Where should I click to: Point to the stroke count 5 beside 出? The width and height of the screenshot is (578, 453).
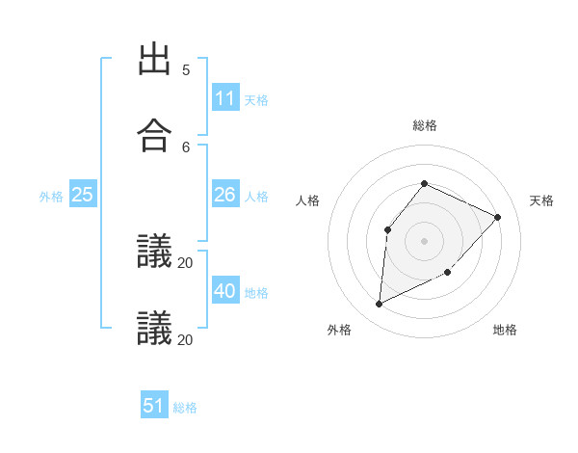pyautogui.click(x=186, y=69)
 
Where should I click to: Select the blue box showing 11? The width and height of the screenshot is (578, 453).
pyautogui.click(x=225, y=98)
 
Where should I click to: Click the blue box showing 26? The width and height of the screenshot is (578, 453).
pyautogui.click(x=225, y=195)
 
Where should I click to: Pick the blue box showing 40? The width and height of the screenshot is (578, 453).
pyautogui.click(x=225, y=291)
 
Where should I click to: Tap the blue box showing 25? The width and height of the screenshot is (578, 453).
pyautogui.click(x=83, y=195)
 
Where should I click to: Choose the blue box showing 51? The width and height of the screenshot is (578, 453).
pyautogui.click(x=154, y=406)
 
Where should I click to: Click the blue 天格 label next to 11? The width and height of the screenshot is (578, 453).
pyautogui.click(x=256, y=99)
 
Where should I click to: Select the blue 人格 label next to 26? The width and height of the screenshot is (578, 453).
pyautogui.click(x=256, y=196)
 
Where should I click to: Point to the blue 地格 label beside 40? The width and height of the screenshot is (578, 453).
pyautogui.click(x=256, y=292)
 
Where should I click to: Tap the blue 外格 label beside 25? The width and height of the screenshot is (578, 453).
pyautogui.click(x=51, y=196)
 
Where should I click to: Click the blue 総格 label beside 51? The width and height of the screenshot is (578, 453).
pyautogui.click(x=185, y=407)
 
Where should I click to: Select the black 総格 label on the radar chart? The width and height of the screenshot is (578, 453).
pyautogui.click(x=425, y=125)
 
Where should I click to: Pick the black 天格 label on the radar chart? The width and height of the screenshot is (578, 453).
pyautogui.click(x=542, y=200)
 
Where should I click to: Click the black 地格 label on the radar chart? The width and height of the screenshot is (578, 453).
pyautogui.click(x=505, y=330)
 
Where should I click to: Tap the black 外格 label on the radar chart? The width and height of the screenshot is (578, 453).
pyautogui.click(x=339, y=330)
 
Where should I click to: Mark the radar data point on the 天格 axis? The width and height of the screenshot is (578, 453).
pyautogui.click(x=498, y=217)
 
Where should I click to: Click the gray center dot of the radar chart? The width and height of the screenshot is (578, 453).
pyautogui.click(x=425, y=240)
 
